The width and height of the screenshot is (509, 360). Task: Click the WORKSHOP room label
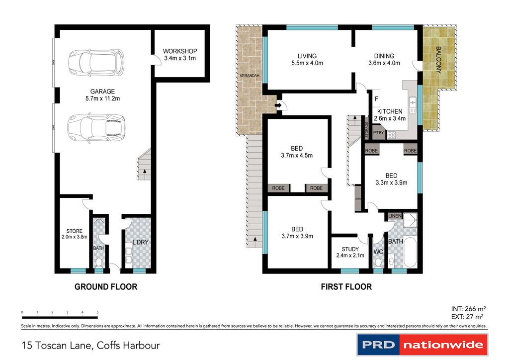tap(180, 54)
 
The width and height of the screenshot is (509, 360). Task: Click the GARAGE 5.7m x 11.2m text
tap(102, 94)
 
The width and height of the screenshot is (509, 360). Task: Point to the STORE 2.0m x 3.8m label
tap(74, 234)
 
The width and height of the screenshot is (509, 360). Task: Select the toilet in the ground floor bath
tap(99, 262)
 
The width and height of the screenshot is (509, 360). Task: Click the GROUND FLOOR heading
tap(105, 287)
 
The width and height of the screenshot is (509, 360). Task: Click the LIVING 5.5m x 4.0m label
tap(307, 60)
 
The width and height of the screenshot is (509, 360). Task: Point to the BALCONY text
tap(438, 60)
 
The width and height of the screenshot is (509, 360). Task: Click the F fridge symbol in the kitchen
tap(376, 98)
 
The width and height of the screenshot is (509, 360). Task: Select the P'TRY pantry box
tap(379, 133)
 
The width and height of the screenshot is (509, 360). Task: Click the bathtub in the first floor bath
tap(410, 253)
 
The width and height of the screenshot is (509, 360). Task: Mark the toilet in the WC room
tap(378, 262)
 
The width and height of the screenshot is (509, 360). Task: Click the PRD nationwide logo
tap(422, 345)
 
